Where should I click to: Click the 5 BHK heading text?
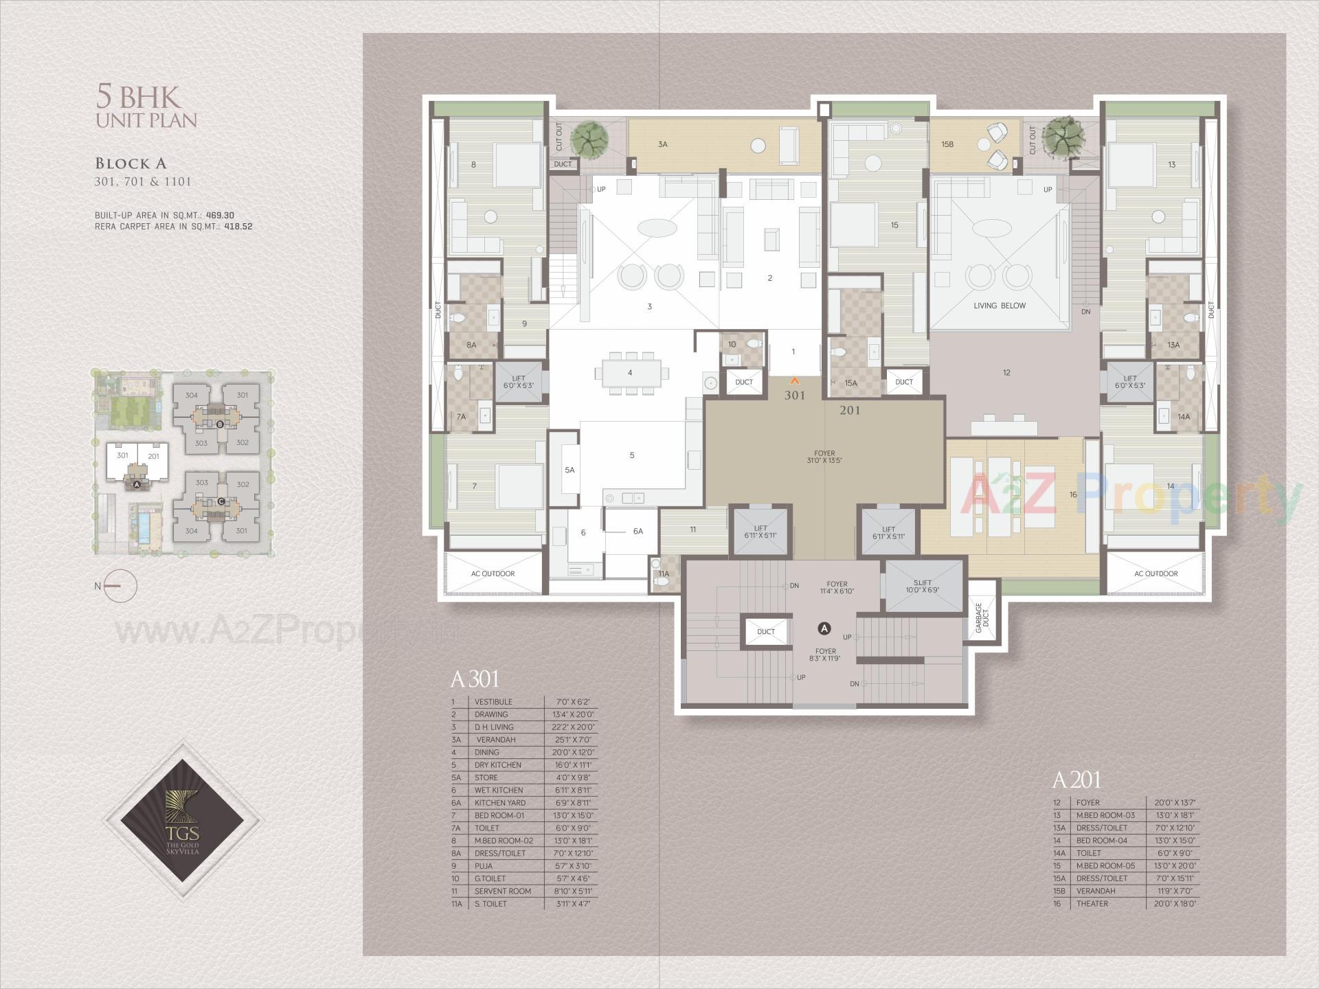138,97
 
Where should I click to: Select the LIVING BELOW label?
999,306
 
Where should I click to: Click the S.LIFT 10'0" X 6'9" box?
922,587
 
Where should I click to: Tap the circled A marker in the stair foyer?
824,628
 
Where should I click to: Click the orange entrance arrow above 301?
795,379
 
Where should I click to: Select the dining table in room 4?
630,372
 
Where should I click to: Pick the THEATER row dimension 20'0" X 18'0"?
1171,904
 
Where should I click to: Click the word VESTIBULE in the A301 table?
493,702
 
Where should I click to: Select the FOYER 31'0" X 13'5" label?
824,457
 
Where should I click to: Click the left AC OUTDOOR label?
493,573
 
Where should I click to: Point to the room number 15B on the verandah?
947,144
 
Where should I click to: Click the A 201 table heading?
1076,780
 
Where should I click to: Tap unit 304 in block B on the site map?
192,395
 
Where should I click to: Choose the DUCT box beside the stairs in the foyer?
765,632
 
